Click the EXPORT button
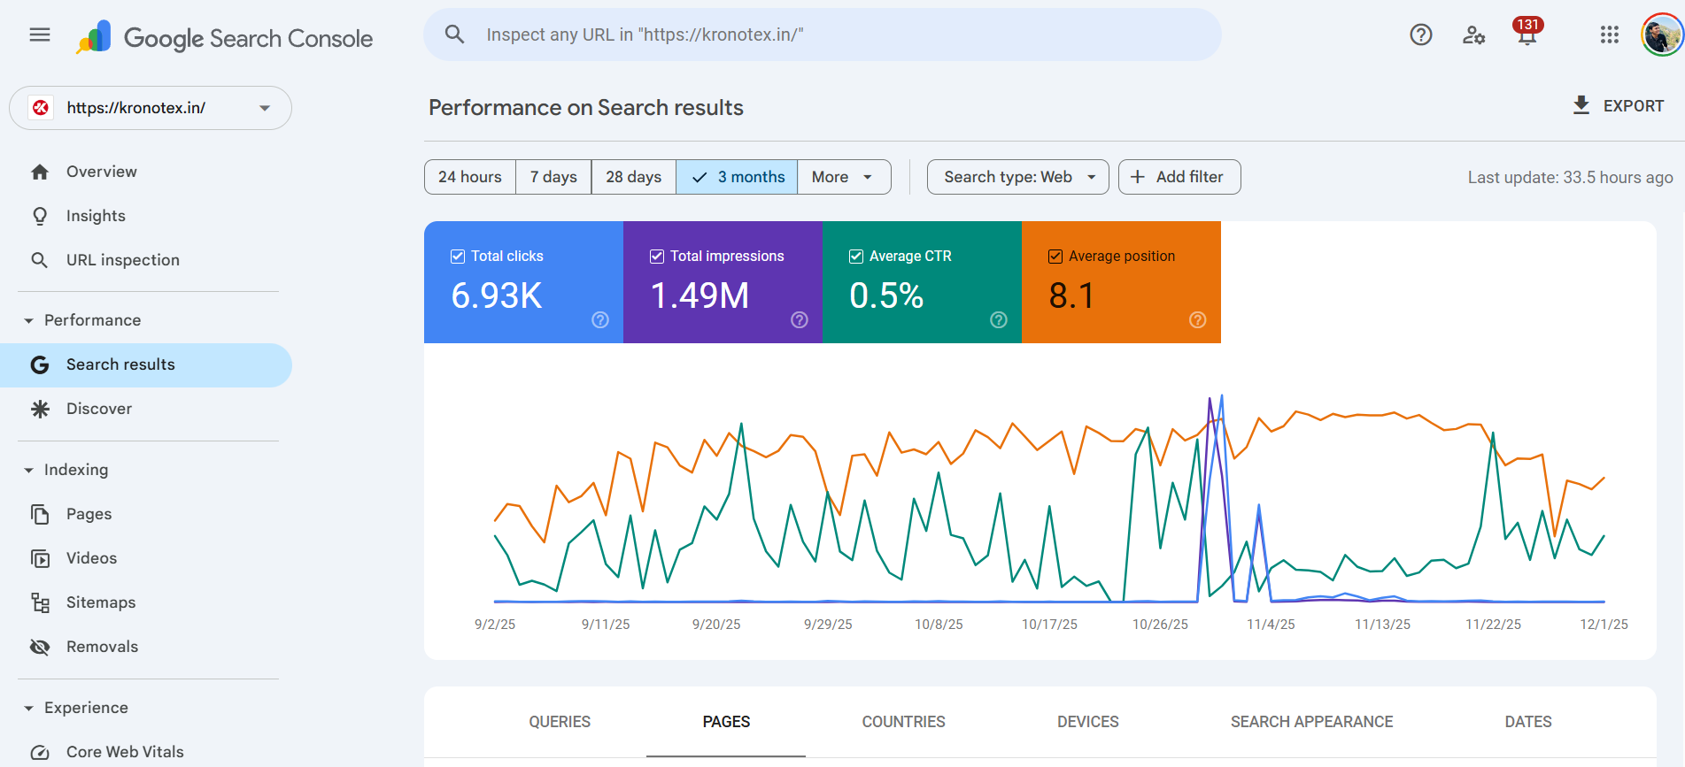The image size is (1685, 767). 1619,106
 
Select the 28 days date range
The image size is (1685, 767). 633,177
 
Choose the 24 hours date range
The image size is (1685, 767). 469,177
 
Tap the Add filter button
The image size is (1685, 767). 1179,177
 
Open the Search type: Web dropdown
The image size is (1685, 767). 1017,177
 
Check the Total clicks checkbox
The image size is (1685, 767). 458,257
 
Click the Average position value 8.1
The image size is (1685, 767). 1071,295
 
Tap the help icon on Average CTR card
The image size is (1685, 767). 998,320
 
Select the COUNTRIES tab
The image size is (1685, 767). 903,722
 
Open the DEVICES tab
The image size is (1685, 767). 1087,722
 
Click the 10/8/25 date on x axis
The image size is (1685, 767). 939,625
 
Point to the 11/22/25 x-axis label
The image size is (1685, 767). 1493,625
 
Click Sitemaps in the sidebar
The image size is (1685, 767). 101,602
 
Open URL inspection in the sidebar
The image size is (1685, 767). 122,260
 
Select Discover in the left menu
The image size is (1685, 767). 99,409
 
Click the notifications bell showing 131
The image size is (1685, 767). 1527,35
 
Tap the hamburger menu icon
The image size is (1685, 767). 40,35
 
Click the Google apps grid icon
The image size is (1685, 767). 1609,35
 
